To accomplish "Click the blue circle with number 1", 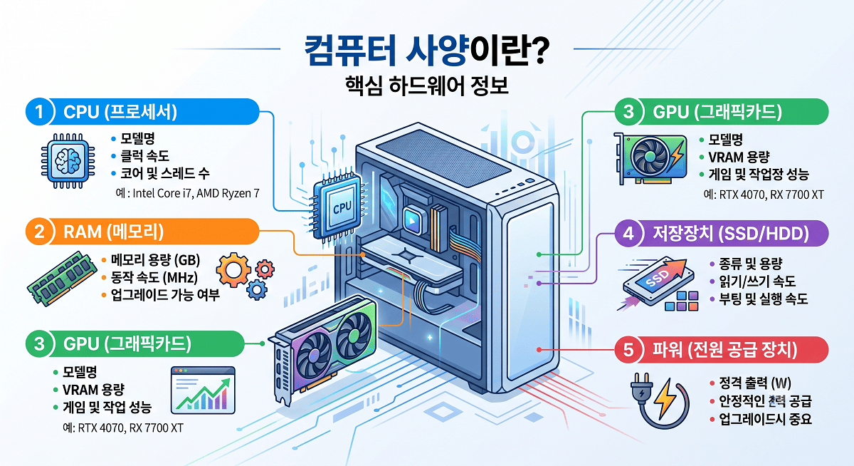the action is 40,112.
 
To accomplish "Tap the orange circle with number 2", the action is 40,232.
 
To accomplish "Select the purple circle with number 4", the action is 628,233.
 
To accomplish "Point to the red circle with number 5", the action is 628,350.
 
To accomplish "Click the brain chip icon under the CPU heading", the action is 68,160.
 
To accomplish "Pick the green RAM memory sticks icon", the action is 61,278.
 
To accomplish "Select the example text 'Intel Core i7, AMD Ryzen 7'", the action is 196,194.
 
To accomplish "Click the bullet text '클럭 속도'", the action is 144,156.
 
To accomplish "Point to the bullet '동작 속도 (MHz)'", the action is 154,277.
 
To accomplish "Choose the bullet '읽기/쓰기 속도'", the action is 757,281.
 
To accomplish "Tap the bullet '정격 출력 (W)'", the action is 755,383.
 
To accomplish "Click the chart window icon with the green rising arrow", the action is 203,390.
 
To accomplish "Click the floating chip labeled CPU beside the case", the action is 338,206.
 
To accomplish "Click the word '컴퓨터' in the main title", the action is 350,51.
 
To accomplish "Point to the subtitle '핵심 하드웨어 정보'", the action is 426,86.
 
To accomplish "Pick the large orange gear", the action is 233,270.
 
